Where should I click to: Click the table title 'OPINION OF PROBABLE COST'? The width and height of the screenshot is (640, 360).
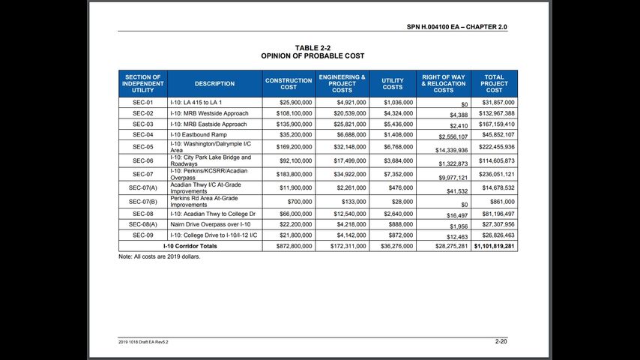click(313, 56)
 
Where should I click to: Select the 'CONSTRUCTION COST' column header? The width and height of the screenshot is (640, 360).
click(289, 83)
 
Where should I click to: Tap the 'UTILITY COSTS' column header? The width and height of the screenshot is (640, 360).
click(393, 83)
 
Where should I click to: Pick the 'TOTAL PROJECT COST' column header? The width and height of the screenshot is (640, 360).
click(494, 83)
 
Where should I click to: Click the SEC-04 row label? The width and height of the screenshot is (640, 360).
click(142, 135)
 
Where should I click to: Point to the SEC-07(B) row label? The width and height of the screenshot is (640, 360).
click(142, 202)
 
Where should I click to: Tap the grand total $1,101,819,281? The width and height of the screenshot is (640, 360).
click(494, 246)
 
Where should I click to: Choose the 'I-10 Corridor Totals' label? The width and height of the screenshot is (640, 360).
click(190, 246)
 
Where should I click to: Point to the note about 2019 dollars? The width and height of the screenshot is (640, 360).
click(160, 256)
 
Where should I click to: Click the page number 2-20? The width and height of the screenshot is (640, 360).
click(501, 341)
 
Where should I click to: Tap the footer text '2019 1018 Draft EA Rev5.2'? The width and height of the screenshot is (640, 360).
click(143, 342)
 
